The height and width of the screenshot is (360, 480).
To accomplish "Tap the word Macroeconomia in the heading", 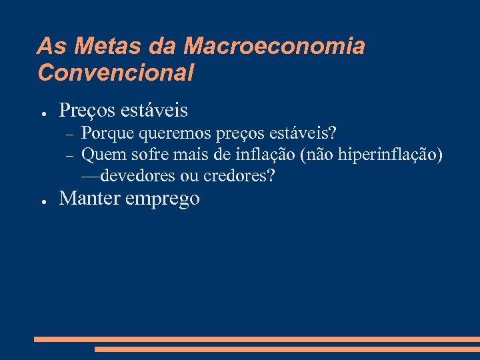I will [274, 47].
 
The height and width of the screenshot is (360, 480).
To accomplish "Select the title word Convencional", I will [116, 72].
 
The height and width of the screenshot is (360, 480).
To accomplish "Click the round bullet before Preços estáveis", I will [41, 111].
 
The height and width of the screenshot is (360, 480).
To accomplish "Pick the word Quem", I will [99, 156].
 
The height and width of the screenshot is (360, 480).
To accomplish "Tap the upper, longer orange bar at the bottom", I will [257, 339].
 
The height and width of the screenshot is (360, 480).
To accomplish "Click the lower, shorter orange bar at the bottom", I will [287, 349].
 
